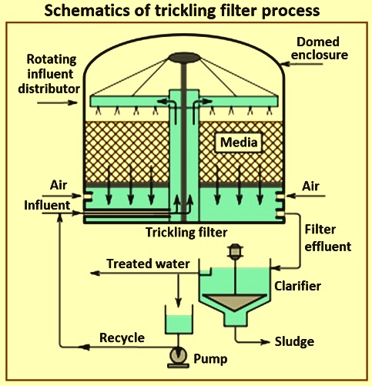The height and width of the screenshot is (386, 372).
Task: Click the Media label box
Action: point(239,143)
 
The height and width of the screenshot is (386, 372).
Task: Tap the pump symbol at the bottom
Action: point(179,357)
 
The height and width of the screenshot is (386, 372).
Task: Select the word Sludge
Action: point(294,342)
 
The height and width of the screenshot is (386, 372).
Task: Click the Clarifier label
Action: point(297,286)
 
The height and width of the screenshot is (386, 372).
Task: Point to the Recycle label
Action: point(122,337)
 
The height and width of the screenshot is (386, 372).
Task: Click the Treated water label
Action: point(148,263)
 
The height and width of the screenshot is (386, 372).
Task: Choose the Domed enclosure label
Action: point(319,49)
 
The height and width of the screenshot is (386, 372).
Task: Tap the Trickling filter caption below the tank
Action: point(186,233)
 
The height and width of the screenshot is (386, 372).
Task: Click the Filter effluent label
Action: point(327,238)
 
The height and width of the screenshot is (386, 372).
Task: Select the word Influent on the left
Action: point(47,205)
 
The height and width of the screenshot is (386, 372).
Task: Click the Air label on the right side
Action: point(310,186)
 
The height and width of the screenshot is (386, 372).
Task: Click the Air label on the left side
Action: point(59,185)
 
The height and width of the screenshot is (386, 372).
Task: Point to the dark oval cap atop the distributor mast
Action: point(183,57)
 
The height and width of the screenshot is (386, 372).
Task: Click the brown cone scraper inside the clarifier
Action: point(236,302)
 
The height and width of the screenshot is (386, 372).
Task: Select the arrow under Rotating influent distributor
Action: point(57,102)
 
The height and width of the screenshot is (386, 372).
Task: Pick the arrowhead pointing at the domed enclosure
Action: point(286,63)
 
